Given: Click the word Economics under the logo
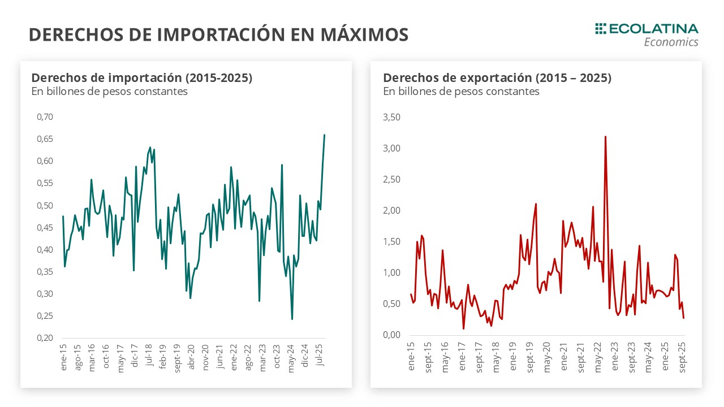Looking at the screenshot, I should [671, 42].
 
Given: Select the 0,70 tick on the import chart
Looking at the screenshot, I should [44, 117].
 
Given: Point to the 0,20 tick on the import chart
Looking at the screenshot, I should [44, 338].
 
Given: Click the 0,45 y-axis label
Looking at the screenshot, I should [44, 227].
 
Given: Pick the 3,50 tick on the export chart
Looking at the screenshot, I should [391, 118].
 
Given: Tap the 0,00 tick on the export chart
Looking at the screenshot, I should [391, 335].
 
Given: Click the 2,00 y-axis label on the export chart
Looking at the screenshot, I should [391, 211].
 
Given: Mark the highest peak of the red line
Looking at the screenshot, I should [605, 136].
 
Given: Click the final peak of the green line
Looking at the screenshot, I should [324, 135].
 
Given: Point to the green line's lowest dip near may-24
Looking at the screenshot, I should [292, 319].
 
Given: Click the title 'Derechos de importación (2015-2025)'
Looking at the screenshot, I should [141, 78].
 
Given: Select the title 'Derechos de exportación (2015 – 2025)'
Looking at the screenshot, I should [497, 78].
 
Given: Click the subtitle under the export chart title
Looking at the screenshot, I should [461, 91].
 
